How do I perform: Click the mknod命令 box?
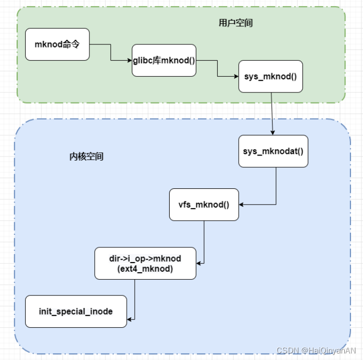[x=58, y=44]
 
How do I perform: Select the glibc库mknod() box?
[x=164, y=61]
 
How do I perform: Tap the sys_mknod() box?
[x=271, y=77]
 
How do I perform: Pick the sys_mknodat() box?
[x=273, y=151]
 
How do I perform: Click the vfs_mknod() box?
[x=204, y=204]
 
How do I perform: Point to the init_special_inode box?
[x=76, y=311]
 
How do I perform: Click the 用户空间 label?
[x=236, y=23]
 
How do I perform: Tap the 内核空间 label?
[x=86, y=157]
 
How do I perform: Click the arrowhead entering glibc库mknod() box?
[x=129, y=61]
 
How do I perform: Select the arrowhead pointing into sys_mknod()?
[x=236, y=77]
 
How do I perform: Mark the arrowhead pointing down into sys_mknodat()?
[x=273, y=133]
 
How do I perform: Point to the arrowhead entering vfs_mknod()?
[x=242, y=204]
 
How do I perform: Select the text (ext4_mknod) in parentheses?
[x=145, y=269]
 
